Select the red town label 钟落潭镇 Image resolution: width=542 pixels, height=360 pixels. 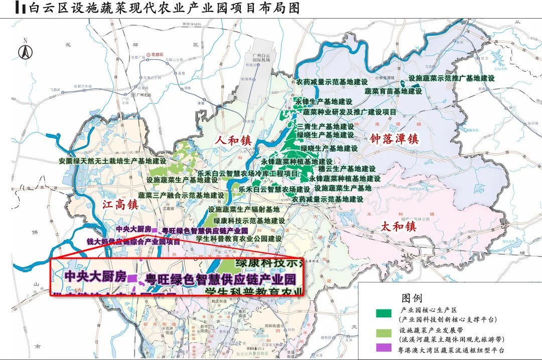[394, 138]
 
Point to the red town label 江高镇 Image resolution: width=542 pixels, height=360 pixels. [120, 204]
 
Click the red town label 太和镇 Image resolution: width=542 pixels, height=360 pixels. [398, 226]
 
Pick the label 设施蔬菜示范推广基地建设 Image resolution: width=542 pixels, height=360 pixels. [452, 78]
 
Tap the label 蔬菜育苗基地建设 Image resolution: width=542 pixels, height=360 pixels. [393, 91]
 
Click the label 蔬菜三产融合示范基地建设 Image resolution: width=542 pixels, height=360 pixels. [181, 195]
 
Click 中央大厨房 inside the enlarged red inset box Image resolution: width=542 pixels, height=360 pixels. [95, 276]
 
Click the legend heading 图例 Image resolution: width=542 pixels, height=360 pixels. [412, 299]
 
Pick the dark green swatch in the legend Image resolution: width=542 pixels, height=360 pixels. [383, 313]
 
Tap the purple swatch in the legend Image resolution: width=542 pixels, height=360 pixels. [383, 347]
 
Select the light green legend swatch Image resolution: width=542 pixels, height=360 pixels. [383, 330]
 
